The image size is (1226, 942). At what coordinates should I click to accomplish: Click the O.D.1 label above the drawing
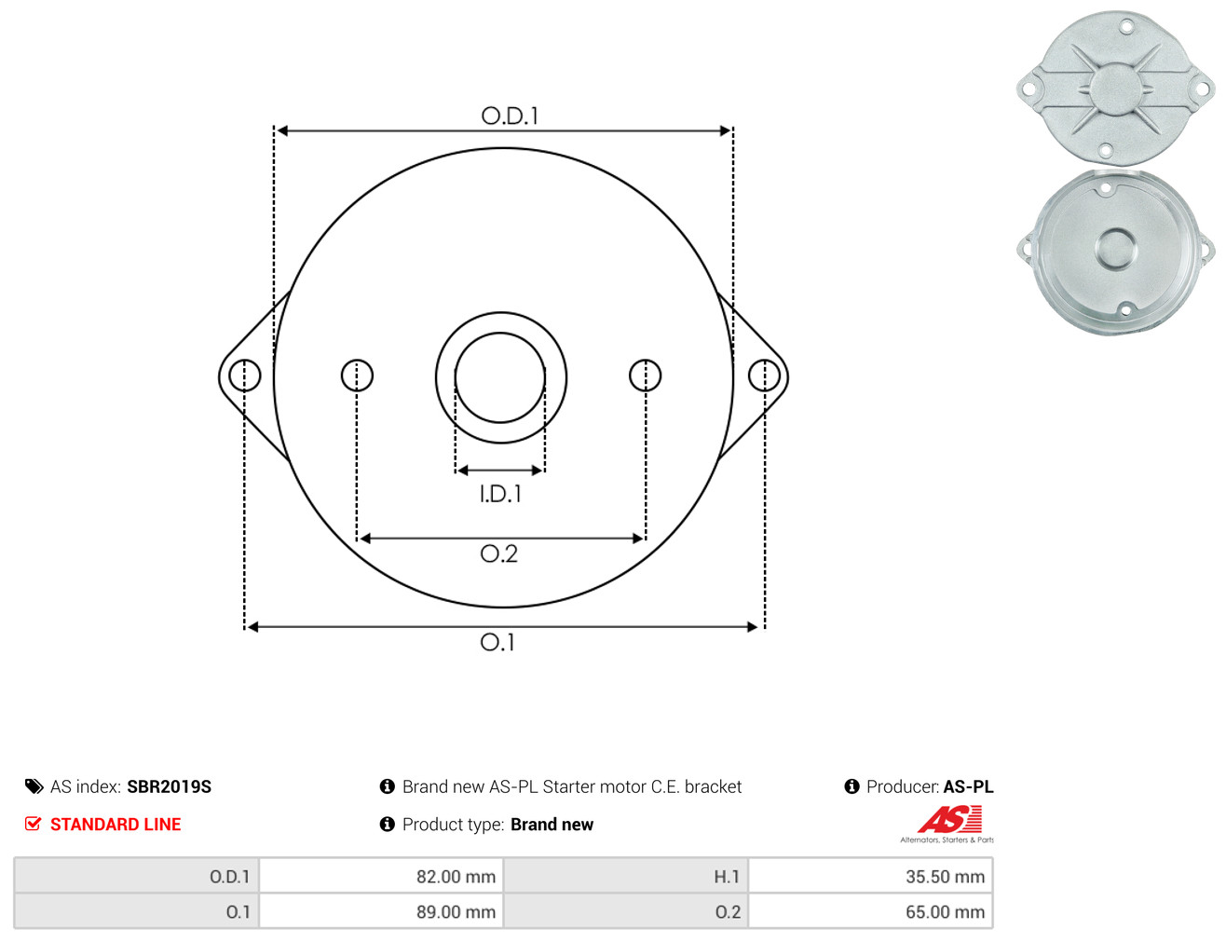tap(510, 116)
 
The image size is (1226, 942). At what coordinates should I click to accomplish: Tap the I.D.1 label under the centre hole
tap(500, 494)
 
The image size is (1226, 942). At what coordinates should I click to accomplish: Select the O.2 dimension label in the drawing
tap(498, 553)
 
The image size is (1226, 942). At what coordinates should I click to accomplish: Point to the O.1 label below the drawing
tap(497, 643)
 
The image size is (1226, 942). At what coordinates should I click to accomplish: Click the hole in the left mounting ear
tap(245, 375)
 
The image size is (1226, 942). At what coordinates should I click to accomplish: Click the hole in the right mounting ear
tap(764, 375)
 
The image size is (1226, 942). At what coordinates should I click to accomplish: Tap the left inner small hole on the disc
tap(357, 375)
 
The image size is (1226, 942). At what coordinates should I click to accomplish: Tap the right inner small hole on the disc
tap(645, 375)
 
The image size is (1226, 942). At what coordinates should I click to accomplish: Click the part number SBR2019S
tap(170, 787)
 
